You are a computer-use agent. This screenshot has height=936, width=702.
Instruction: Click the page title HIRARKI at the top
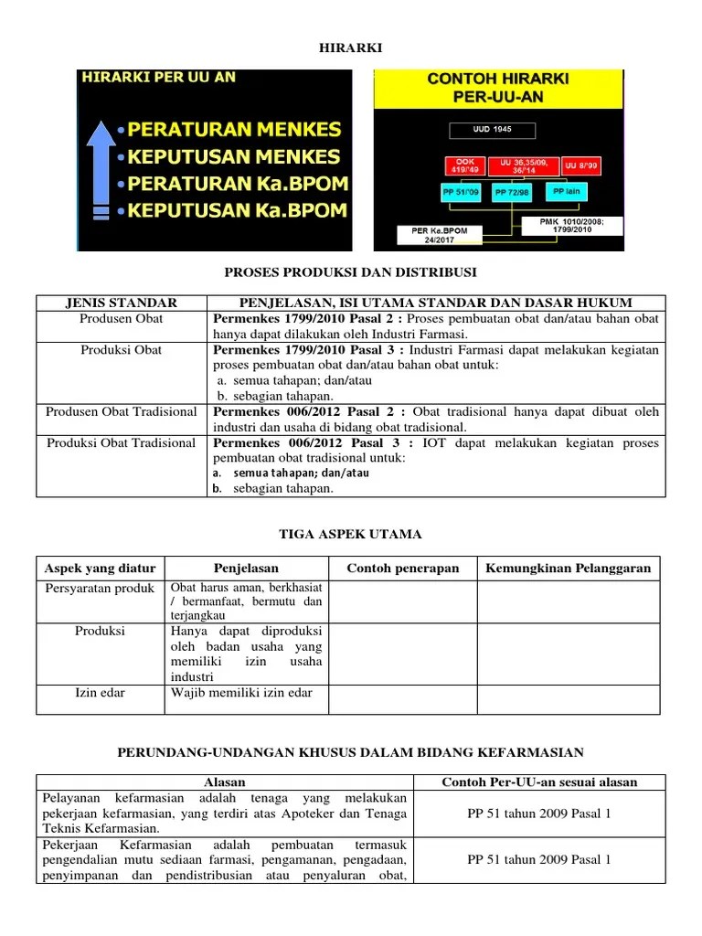point(350,47)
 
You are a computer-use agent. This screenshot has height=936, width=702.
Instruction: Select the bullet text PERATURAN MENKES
point(235,129)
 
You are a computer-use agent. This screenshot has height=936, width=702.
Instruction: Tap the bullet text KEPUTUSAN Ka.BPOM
point(238,209)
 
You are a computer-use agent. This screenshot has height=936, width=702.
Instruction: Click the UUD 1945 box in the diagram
point(492,130)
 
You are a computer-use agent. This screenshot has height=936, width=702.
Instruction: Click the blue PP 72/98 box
point(514,193)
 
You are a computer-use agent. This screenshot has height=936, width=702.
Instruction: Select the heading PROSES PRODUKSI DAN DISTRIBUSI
point(350,272)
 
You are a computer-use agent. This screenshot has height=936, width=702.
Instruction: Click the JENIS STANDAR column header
point(122,303)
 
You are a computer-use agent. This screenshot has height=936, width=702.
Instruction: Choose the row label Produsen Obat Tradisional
point(122,411)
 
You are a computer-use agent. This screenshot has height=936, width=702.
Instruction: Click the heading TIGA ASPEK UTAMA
point(350,534)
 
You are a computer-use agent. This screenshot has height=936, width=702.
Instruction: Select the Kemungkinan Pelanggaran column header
point(568,568)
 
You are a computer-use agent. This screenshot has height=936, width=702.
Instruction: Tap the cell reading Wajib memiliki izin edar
point(241,692)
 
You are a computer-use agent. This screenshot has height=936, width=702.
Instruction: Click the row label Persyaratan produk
point(100,588)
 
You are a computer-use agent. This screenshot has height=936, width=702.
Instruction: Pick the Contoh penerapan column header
point(402,568)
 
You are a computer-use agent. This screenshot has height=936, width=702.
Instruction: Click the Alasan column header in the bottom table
point(224,782)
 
